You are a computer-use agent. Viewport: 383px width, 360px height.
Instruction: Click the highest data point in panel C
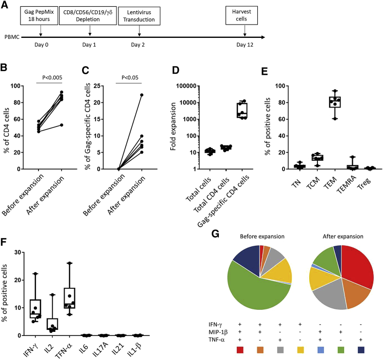point(142,95)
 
